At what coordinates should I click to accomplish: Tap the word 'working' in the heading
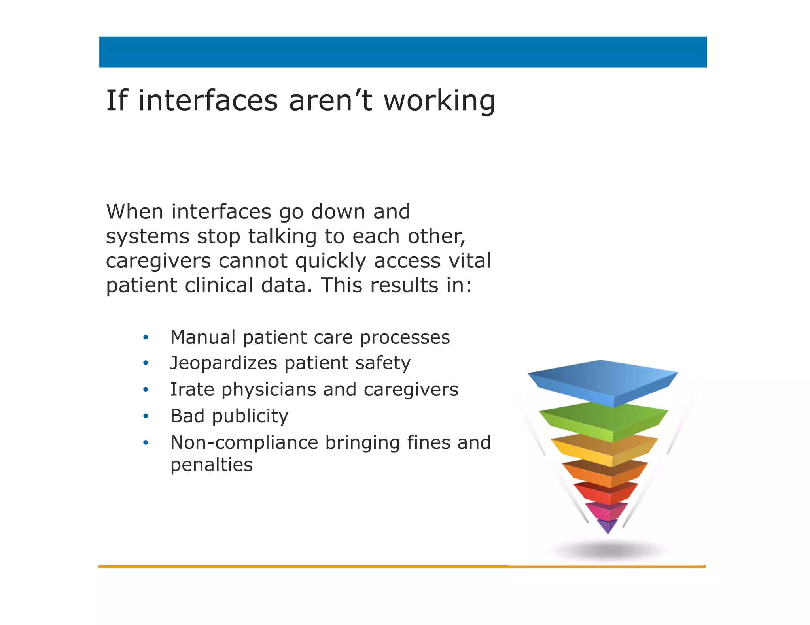coord(439,101)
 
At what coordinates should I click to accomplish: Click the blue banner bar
coord(403,52)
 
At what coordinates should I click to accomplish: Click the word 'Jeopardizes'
coord(224,363)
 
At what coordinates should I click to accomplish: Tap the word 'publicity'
coord(250,416)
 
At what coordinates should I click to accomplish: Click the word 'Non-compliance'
coord(244,442)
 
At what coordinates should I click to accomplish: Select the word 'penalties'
coord(211,465)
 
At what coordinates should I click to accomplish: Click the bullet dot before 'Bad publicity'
coord(146,416)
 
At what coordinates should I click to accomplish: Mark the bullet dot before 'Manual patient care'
coord(146,337)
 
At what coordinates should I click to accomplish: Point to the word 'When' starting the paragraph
coord(134,212)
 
